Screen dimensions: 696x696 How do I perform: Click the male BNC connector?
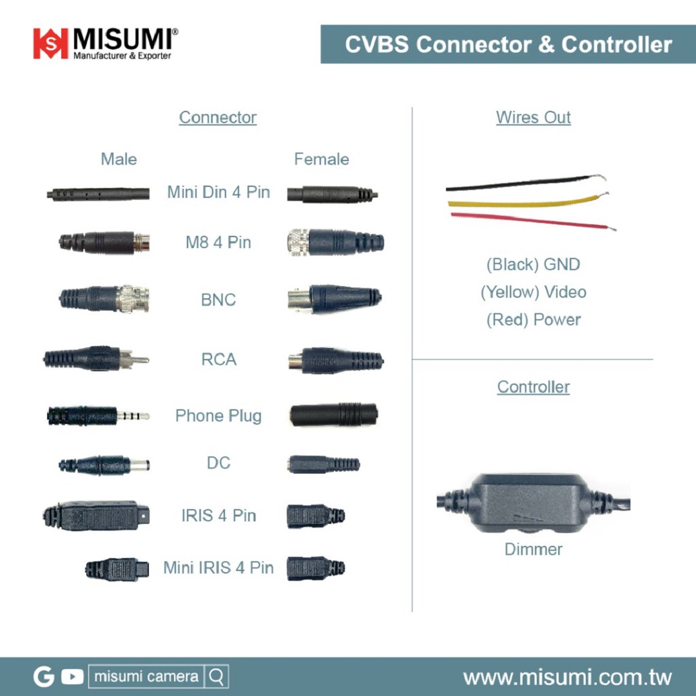(x=104, y=299)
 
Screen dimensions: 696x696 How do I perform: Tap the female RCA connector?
(x=336, y=361)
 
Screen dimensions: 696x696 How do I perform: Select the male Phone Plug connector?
(x=97, y=416)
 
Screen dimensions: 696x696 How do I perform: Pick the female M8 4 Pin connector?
(x=335, y=242)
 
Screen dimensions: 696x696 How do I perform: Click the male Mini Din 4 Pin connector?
(x=98, y=193)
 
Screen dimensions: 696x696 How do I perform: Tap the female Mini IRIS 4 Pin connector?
(x=315, y=568)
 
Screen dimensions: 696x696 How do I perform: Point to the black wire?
(x=522, y=184)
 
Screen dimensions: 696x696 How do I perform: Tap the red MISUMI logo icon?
(x=50, y=43)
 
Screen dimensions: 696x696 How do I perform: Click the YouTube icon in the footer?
(x=72, y=677)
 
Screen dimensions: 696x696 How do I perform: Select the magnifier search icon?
(x=217, y=677)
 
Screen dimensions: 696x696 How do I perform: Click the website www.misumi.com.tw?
(x=567, y=677)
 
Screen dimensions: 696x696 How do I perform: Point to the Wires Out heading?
(x=533, y=117)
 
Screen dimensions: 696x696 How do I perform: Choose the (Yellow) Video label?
(x=533, y=292)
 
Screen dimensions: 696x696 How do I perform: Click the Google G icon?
(x=44, y=677)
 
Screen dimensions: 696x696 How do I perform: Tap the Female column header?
(x=322, y=159)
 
